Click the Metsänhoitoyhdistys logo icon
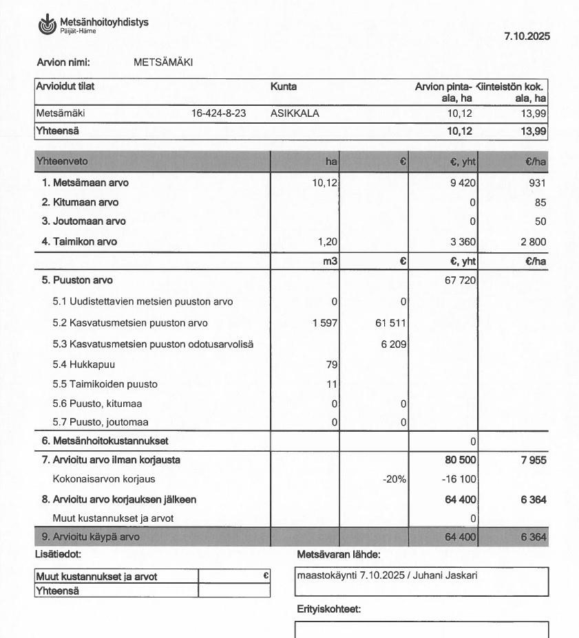[47, 25]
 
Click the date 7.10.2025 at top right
[527, 36]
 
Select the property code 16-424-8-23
[219, 113]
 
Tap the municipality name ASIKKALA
[295, 113]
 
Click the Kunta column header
[284, 87]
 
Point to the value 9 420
[463, 183]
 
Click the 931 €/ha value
[537, 183]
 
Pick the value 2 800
[533, 241]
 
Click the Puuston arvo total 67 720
[461, 280]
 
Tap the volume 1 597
[324, 323]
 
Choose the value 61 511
[390, 323]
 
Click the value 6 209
[393, 344]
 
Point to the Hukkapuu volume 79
[332, 364]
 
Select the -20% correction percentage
[394, 479]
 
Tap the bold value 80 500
[461, 460]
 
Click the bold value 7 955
[534, 460]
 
